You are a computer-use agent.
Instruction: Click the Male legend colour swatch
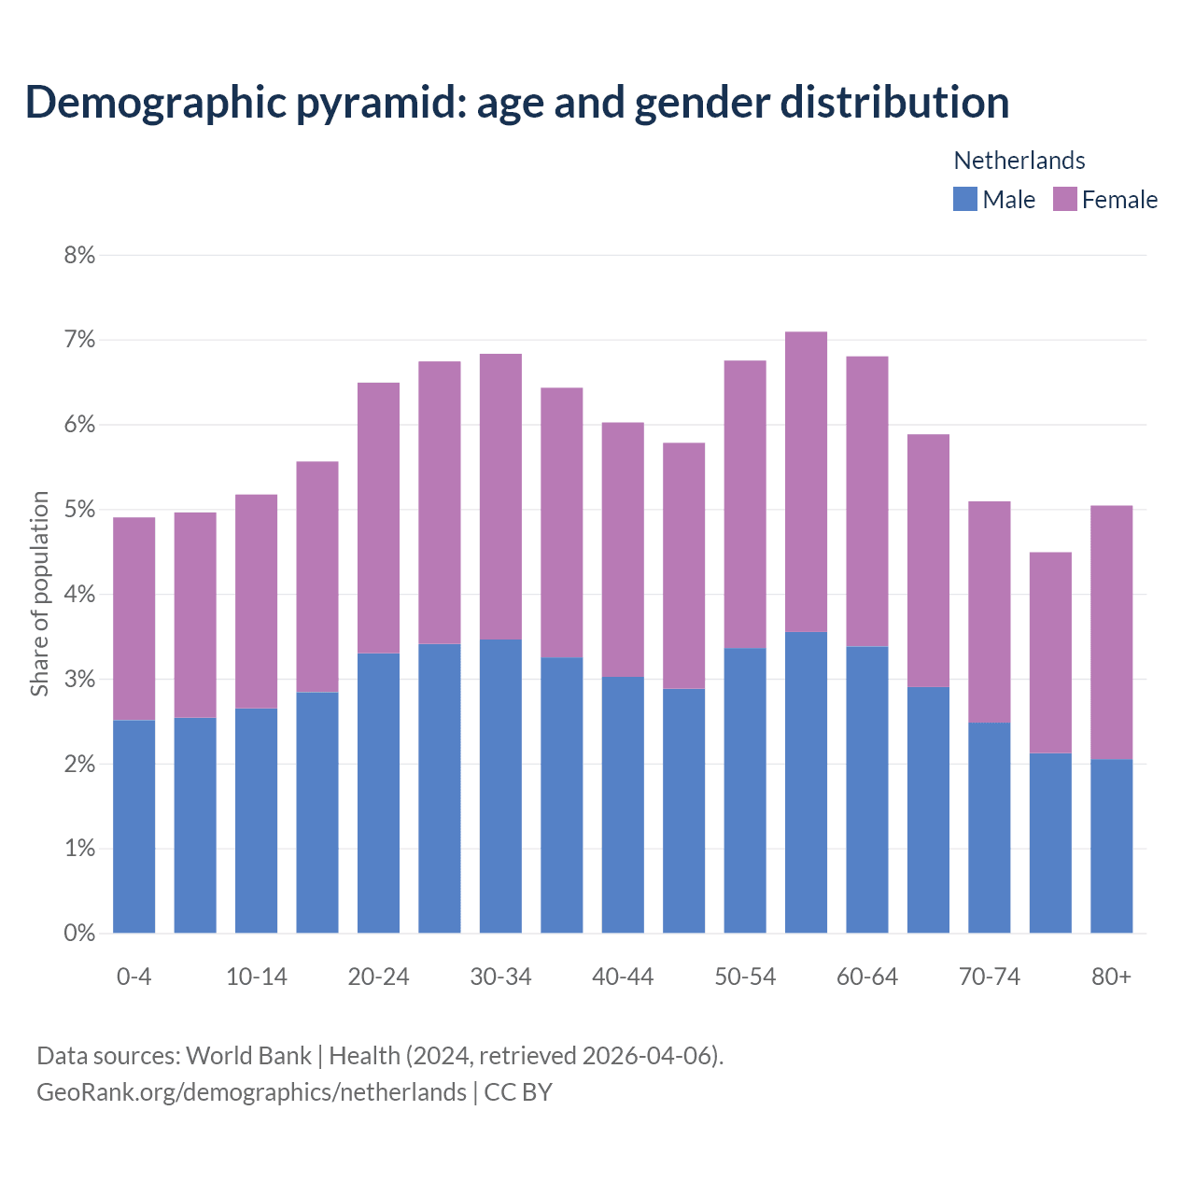click(964, 199)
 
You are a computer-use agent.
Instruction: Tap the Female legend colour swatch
click(1064, 199)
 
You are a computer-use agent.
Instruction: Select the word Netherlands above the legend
click(1019, 161)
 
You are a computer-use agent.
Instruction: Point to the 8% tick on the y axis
click(80, 255)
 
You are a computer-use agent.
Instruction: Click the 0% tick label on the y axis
click(80, 933)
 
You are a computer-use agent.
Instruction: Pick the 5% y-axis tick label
click(80, 510)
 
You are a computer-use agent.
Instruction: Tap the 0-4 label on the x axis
click(134, 977)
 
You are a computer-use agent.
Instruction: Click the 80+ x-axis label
click(1111, 977)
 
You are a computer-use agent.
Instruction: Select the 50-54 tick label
click(745, 977)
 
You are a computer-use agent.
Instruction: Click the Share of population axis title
click(39, 594)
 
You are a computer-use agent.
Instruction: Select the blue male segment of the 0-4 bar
click(134, 826)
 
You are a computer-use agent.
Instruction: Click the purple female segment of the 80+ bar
click(1111, 633)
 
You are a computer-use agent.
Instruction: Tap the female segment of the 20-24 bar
click(378, 518)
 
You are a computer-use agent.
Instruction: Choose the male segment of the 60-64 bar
click(867, 789)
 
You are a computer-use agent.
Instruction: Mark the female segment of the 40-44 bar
click(623, 550)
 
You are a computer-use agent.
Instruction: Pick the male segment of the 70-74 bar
click(989, 827)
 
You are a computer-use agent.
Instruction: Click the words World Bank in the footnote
click(248, 1056)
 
